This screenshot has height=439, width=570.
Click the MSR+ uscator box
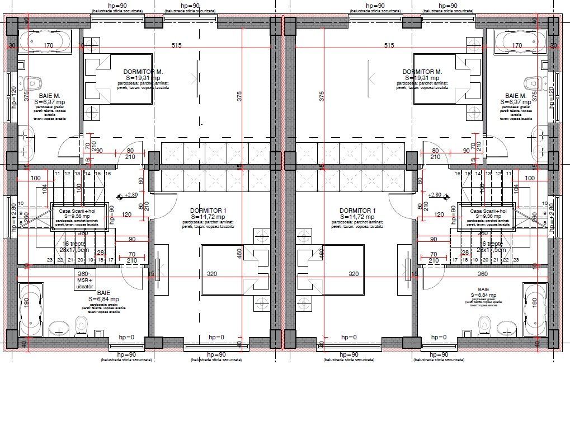(82, 278)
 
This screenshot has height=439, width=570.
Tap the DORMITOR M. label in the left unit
(143, 72)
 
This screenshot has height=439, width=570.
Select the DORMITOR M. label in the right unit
(422, 72)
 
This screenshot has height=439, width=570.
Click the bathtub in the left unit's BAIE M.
(45, 41)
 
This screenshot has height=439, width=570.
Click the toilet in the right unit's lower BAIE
(485, 323)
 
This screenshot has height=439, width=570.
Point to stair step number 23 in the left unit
(49, 260)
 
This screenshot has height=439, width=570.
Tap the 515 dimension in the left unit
(177, 45)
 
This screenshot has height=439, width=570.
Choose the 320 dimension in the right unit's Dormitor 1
(354, 274)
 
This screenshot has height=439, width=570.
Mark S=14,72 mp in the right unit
(357, 217)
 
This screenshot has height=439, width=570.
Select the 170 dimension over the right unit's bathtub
(517, 45)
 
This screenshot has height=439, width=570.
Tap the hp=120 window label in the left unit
(14, 96)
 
